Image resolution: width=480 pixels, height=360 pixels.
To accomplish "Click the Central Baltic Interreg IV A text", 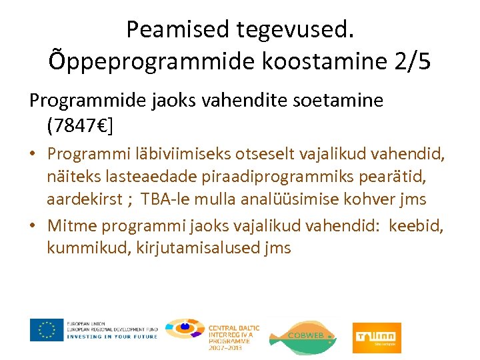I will pos(233,334).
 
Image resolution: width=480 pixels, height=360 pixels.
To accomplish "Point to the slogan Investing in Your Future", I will pos(112,337).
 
